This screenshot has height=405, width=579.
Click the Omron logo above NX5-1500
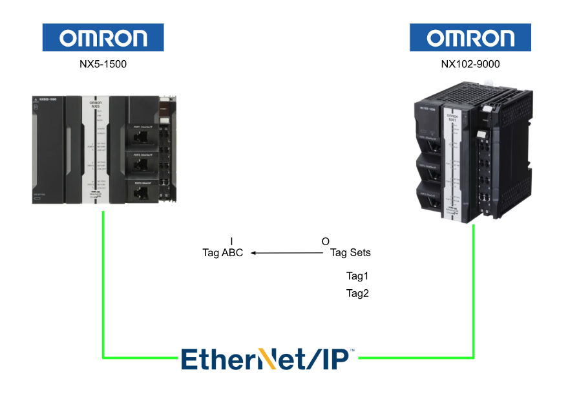[103, 38]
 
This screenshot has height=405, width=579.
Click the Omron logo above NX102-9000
[470, 38]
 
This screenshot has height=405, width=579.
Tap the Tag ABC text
[223, 253]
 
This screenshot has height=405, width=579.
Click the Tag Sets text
[350, 252]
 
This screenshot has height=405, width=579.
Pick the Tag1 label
[357, 276]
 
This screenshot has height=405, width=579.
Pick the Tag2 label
[357, 293]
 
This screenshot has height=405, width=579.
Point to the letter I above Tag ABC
[231, 241]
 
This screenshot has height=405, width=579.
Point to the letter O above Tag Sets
[325, 241]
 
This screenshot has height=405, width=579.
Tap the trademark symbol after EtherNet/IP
[352, 351]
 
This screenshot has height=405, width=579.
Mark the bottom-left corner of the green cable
[103, 356]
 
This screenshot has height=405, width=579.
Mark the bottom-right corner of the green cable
[474, 356]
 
